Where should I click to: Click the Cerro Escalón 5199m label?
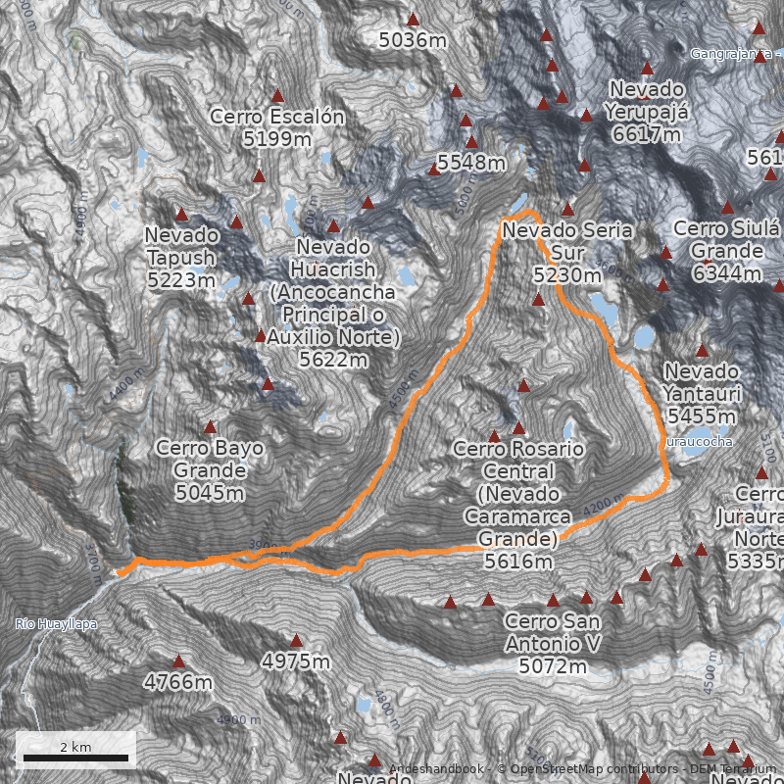tap(277, 127)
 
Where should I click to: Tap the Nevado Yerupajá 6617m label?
tap(647, 111)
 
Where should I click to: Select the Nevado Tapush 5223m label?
tap(181, 257)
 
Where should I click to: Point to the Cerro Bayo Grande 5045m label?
tap(210, 469)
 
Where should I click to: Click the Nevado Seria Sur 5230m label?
tap(567, 252)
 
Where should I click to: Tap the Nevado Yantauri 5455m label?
tap(702, 393)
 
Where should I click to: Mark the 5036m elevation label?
tap(413, 40)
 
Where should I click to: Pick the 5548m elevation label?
tap(471, 162)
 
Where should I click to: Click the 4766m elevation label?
tap(178, 681)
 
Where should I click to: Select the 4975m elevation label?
tap(296, 661)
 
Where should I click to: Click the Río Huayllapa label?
tap(56, 624)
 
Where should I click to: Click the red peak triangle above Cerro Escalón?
tap(277, 96)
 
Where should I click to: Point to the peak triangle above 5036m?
tap(413, 19)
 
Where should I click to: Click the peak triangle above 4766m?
tap(178, 661)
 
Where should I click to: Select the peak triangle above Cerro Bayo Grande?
tap(210, 427)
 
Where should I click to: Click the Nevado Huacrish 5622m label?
tap(333, 303)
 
